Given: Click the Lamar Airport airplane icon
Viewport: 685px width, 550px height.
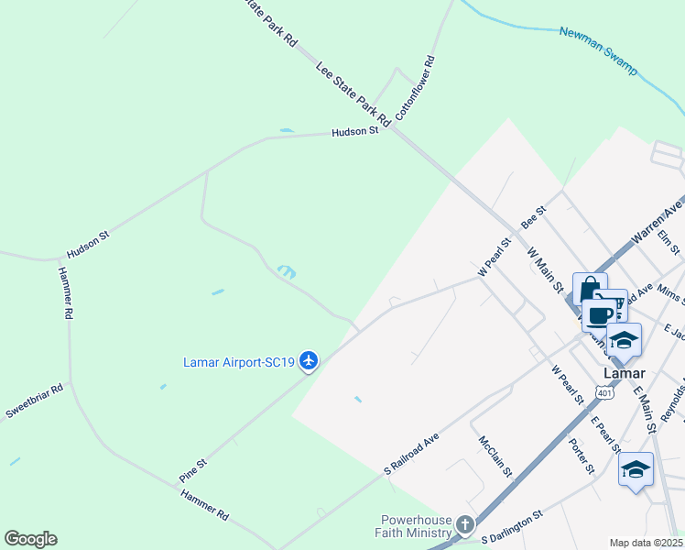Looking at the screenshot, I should [309, 361].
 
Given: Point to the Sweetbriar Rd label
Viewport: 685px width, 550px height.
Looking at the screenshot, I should [34, 401].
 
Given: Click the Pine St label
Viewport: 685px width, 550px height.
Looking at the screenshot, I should [194, 472].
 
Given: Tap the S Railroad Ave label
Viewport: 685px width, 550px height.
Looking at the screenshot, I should [411, 454].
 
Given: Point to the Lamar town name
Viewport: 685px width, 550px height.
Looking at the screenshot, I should [625, 373].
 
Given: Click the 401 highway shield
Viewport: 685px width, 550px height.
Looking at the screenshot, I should [604, 391].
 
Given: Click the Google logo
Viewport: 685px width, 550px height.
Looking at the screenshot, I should [30, 539].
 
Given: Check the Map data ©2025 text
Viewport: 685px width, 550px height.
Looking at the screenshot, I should [646, 543].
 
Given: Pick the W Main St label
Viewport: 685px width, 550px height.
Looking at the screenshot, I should [545, 269].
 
